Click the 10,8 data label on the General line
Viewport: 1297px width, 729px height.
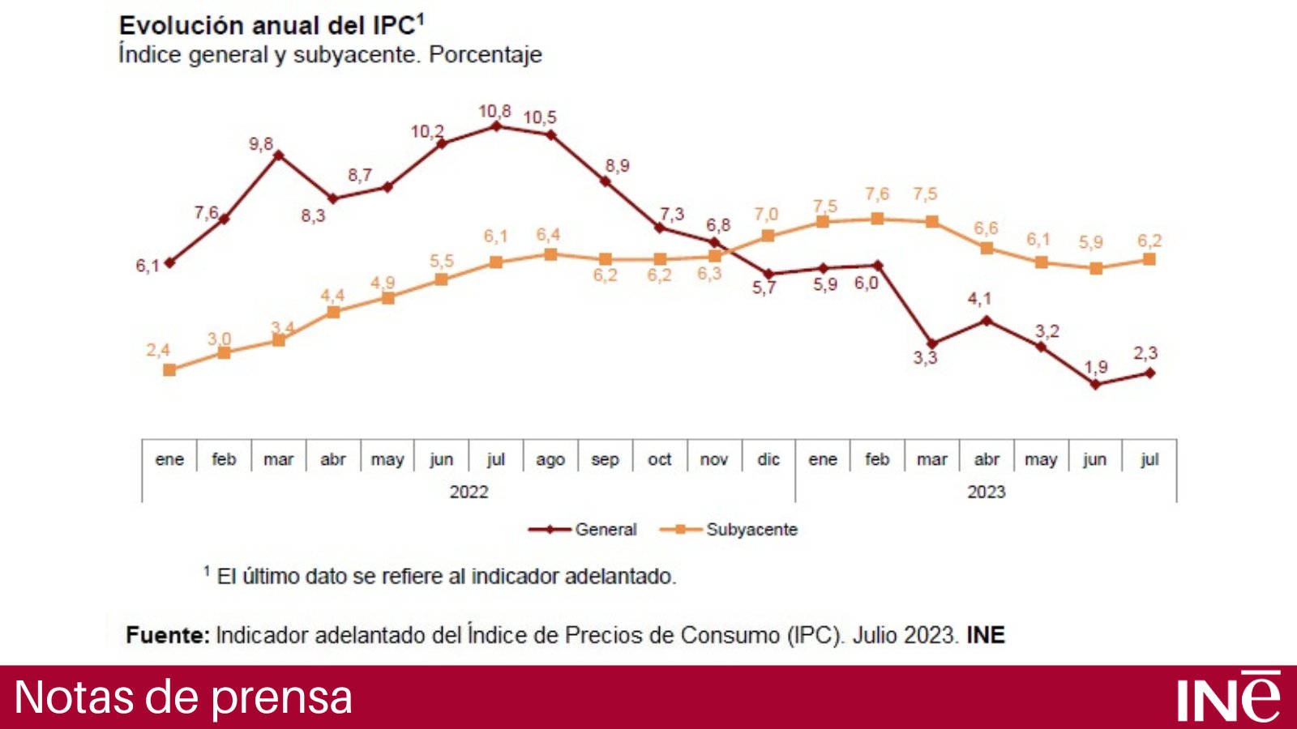tap(494, 111)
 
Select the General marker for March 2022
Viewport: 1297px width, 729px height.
tap(278, 155)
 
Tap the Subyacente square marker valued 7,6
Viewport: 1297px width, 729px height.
tap(877, 219)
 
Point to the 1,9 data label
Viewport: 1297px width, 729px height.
tap(1095, 367)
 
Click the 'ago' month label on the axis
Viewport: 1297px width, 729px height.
tap(550, 459)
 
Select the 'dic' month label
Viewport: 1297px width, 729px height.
tap(768, 459)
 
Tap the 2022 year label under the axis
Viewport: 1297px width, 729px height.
tap(469, 492)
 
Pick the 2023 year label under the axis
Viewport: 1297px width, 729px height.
tap(986, 492)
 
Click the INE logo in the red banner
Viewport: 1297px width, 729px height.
tap(1228, 697)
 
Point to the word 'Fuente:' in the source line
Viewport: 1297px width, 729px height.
tap(168, 635)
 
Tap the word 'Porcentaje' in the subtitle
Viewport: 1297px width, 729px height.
tap(485, 55)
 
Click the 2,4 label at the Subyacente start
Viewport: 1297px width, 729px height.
tap(158, 350)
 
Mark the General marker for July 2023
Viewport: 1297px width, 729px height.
tap(1149, 373)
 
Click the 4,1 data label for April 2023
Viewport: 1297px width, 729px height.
tap(979, 299)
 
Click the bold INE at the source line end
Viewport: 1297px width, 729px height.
tap(985, 635)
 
